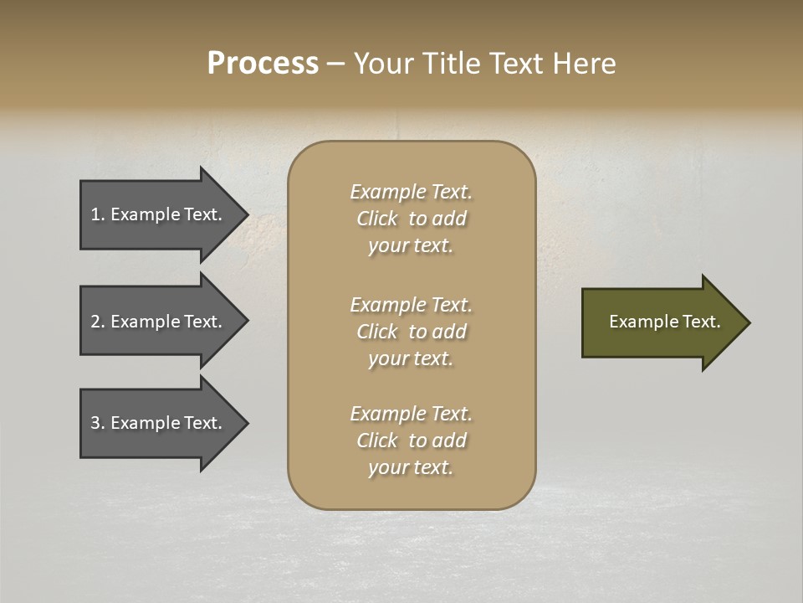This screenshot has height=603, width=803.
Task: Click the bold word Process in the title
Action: tap(263, 64)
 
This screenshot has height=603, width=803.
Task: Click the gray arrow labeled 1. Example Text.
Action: tap(159, 214)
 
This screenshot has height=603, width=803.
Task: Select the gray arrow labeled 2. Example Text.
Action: tap(159, 322)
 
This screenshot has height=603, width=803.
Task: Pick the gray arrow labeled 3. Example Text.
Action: tap(159, 423)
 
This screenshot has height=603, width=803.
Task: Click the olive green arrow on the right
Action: tap(661, 322)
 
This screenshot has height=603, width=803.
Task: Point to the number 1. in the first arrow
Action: tap(98, 214)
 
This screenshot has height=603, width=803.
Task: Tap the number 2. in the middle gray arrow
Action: tap(98, 322)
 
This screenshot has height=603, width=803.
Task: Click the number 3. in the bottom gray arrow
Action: tap(98, 423)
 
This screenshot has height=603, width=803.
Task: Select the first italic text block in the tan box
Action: tap(411, 219)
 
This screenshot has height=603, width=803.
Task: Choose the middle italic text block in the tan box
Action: tap(411, 332)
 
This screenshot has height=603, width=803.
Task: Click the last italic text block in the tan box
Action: tap(411, 441)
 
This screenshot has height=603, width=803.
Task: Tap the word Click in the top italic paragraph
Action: tap(377, 219)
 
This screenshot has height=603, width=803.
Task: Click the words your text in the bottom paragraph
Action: tap(411, 468)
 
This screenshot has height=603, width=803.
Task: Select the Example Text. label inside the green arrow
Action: tap(664, 322)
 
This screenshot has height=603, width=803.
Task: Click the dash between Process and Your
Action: tap(335, 64)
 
